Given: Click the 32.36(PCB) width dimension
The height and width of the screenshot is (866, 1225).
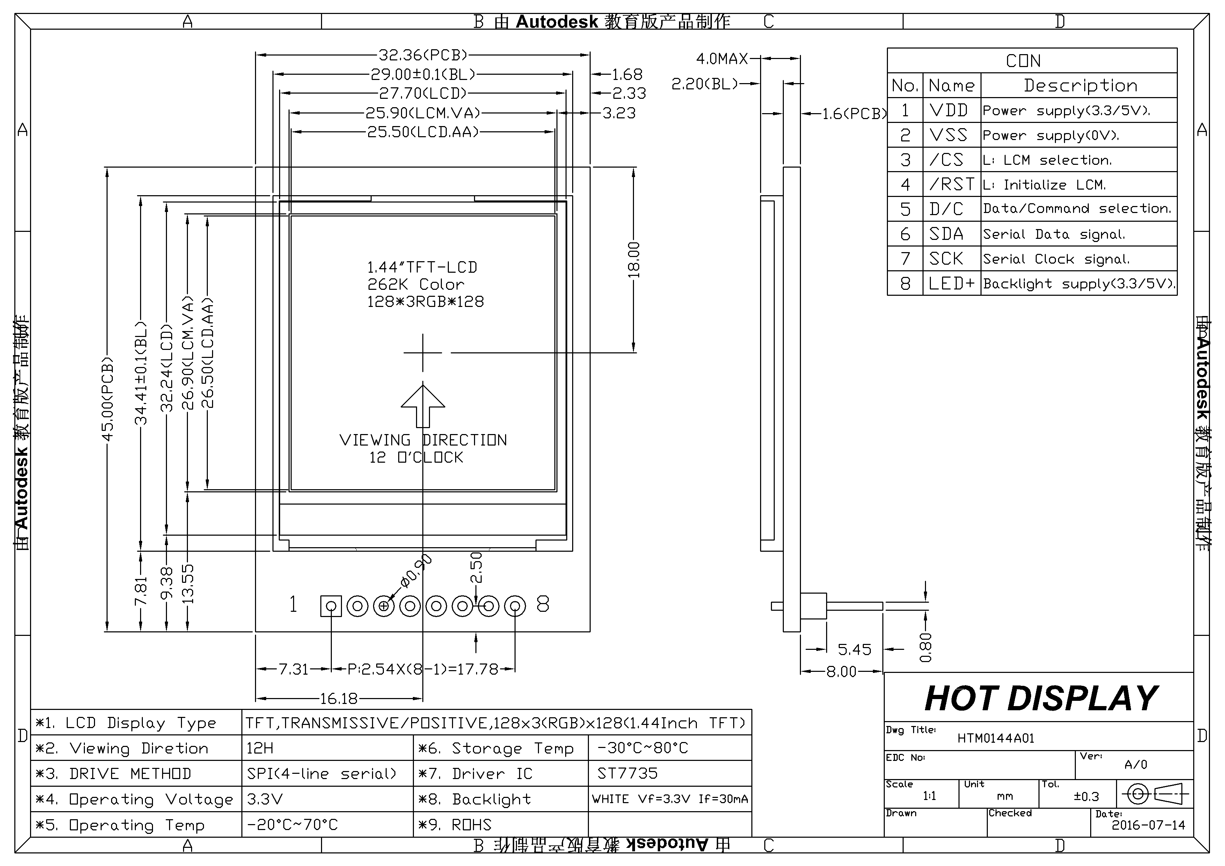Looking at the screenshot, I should [x=423, y=55].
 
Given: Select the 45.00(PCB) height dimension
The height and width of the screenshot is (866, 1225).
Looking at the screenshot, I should [x=108, y=400].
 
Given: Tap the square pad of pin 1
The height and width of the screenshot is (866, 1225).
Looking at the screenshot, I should [x=331, y=606].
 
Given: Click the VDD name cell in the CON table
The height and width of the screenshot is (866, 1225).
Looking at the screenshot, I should [x=949, y=110].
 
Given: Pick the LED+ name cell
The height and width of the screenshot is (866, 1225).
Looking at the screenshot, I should [x=951, y=283].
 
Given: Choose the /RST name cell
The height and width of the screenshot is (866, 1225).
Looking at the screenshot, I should [x=951, y=184].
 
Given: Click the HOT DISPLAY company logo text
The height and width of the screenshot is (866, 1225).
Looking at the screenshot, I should [x=1041, y=698].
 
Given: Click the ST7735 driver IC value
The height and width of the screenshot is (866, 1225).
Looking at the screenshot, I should [x=627, y=773].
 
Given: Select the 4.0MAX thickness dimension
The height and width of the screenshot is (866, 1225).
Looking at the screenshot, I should [x=722, y=59].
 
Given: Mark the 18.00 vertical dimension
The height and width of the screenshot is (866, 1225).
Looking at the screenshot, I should [x=634, y=260].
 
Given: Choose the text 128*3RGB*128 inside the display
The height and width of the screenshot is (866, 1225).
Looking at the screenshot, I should [x=425, y=302].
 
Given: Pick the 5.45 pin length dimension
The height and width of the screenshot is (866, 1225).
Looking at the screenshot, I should [x=854, y=649].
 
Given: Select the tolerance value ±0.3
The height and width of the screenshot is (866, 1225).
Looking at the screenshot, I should [x=1086, y=797].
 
